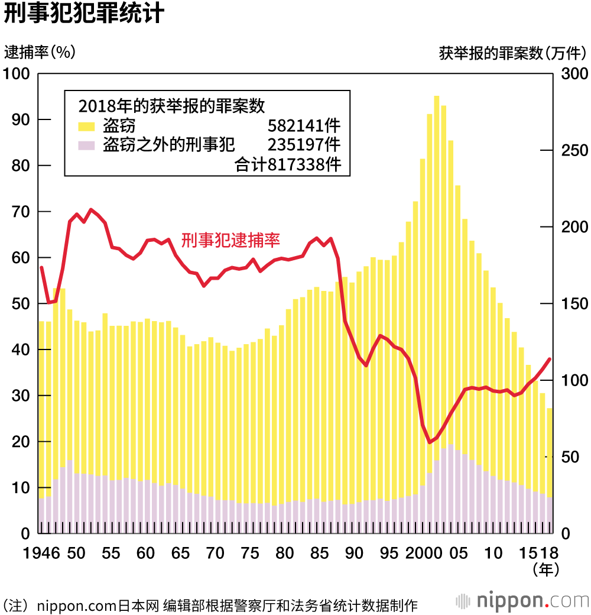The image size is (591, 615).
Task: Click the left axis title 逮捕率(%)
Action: tap(40, 53)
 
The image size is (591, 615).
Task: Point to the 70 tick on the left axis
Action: tap(20, 212)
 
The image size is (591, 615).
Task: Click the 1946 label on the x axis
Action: tap(42, 554)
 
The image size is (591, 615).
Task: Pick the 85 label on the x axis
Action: tap(320, 554)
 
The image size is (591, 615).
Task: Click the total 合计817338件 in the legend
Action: tap(288, 165)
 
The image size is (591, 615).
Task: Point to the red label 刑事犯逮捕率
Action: tap(230, 239)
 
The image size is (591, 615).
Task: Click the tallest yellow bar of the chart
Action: tap(437, 296)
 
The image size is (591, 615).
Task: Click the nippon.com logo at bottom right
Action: tap(522, 601)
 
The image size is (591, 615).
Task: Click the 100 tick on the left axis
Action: tap(17, 74)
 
